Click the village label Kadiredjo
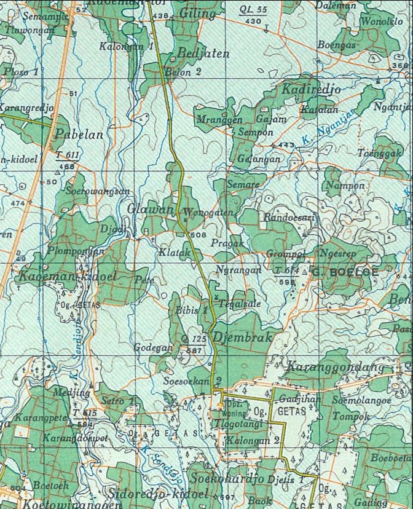(x=311, y=89)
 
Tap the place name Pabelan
(x=79, y=134)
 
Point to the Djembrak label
(x=242, y=337)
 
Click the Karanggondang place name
(x=335, y=367)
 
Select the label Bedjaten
(x=203, y=53)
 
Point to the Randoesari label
(x=289, y=218)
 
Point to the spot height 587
(x=194, y=350)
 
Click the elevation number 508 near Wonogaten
(x=198, y=235)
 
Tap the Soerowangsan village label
(x=98, y=191)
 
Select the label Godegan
(x=154, y=347)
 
